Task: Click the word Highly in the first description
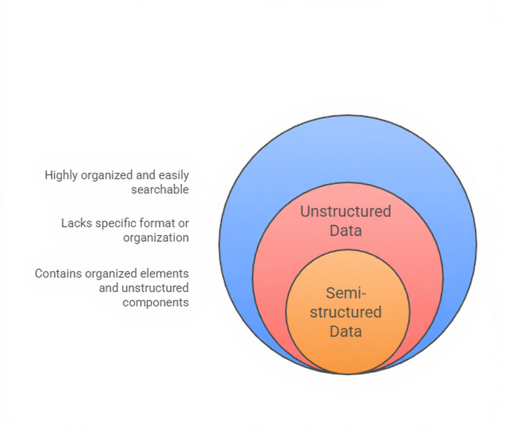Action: pos(60,175)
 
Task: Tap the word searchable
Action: pos(160,189)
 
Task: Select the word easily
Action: pos(173,175)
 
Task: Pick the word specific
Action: pos(112,223)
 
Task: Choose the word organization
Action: pos(156,238)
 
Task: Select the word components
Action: pos(156,302)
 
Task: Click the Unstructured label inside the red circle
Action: pos(345,211)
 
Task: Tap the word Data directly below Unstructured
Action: pos(345,230)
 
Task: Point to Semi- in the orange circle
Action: pos(346,293)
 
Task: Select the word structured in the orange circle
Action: pos(346,312)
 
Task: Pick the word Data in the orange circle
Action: pos(346,331)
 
